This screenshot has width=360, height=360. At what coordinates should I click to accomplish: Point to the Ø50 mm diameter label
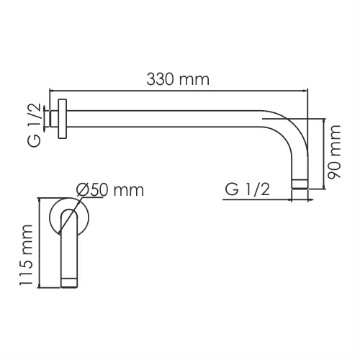109,190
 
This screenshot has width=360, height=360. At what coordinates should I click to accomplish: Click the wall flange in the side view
63,117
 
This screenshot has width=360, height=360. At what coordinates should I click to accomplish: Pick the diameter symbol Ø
81,190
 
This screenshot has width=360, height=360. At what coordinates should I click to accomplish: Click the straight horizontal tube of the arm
166,117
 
